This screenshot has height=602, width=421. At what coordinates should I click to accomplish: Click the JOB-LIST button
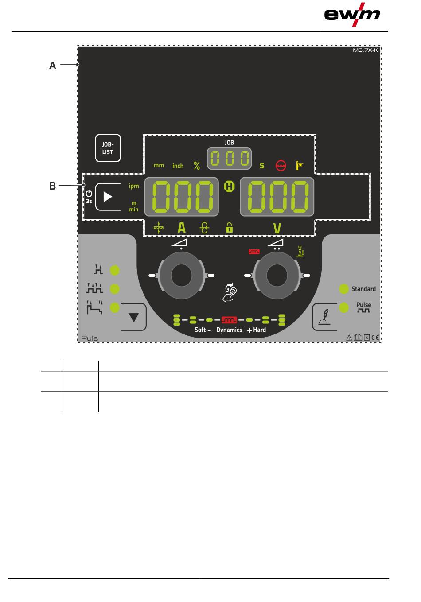point(108,148)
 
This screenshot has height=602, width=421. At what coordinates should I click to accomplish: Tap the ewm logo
point(352,15)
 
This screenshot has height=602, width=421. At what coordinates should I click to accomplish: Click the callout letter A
point(53,66)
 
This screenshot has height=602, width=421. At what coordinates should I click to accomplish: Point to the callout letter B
point(53,186)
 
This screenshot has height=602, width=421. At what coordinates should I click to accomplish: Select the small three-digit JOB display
point(229,159)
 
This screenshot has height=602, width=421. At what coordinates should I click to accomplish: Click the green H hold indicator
point(229,186)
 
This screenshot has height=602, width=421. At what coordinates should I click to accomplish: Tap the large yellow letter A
point(182,228)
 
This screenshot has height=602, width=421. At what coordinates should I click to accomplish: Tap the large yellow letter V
point(277,229)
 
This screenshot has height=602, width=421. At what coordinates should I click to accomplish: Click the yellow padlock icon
point(229,228)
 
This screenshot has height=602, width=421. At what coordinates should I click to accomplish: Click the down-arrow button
point(133,317)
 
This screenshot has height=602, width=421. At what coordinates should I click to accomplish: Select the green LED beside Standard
point(344,289)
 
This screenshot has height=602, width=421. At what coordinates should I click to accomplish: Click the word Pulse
point(363,305)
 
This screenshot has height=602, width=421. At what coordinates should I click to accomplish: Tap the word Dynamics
point(229,330)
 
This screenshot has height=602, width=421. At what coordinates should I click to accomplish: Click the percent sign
point(197,166)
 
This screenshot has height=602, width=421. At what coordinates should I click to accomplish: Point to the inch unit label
point(178,166)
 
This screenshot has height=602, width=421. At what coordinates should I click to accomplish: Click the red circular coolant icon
point(281,166)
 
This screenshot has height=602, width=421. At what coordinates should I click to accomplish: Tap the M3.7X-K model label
point(365,50)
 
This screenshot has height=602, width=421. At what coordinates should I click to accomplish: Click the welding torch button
point(325,317)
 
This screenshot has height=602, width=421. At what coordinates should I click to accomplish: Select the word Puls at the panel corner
point(90,338)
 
